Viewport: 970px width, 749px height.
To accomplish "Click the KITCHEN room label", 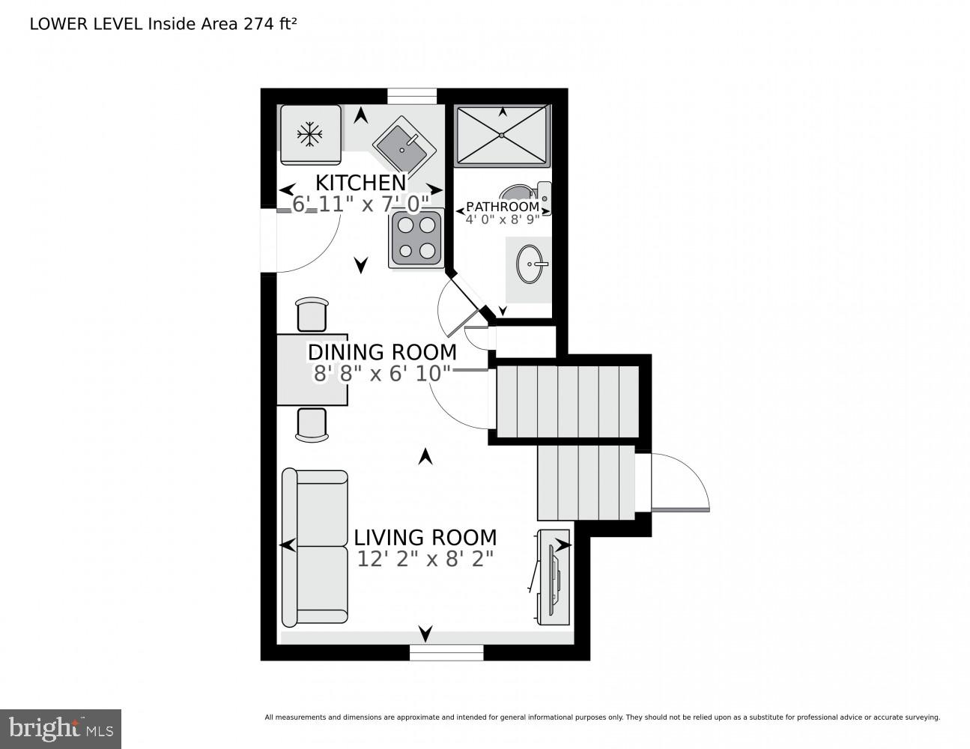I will point(360,183).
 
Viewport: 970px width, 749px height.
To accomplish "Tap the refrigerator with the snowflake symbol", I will point(310,135).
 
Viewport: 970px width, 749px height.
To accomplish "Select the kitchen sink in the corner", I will point(404,144).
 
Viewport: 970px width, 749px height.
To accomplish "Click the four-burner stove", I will point(416,237).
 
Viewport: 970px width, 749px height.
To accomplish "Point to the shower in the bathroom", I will point(502,134).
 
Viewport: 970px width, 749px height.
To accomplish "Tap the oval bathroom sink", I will point(530,264).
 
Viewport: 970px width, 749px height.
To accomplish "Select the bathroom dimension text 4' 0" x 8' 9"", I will point(502,220).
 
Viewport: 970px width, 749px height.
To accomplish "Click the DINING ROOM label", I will point(382,352).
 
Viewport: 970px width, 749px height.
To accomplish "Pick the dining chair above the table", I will point(312,314).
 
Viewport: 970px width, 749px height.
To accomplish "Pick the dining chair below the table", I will point(312,425).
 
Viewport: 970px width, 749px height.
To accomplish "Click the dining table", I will point(312,369).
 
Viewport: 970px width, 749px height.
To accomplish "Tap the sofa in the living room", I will point(315,548).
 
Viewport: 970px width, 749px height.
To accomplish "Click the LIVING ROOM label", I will point(425,538).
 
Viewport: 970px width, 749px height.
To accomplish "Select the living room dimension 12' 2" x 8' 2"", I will point(425,560).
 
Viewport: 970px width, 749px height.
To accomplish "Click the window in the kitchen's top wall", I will point(411,96).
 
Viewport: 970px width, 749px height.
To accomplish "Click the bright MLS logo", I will point(61,728).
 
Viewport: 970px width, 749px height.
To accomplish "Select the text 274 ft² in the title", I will point(270,23).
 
